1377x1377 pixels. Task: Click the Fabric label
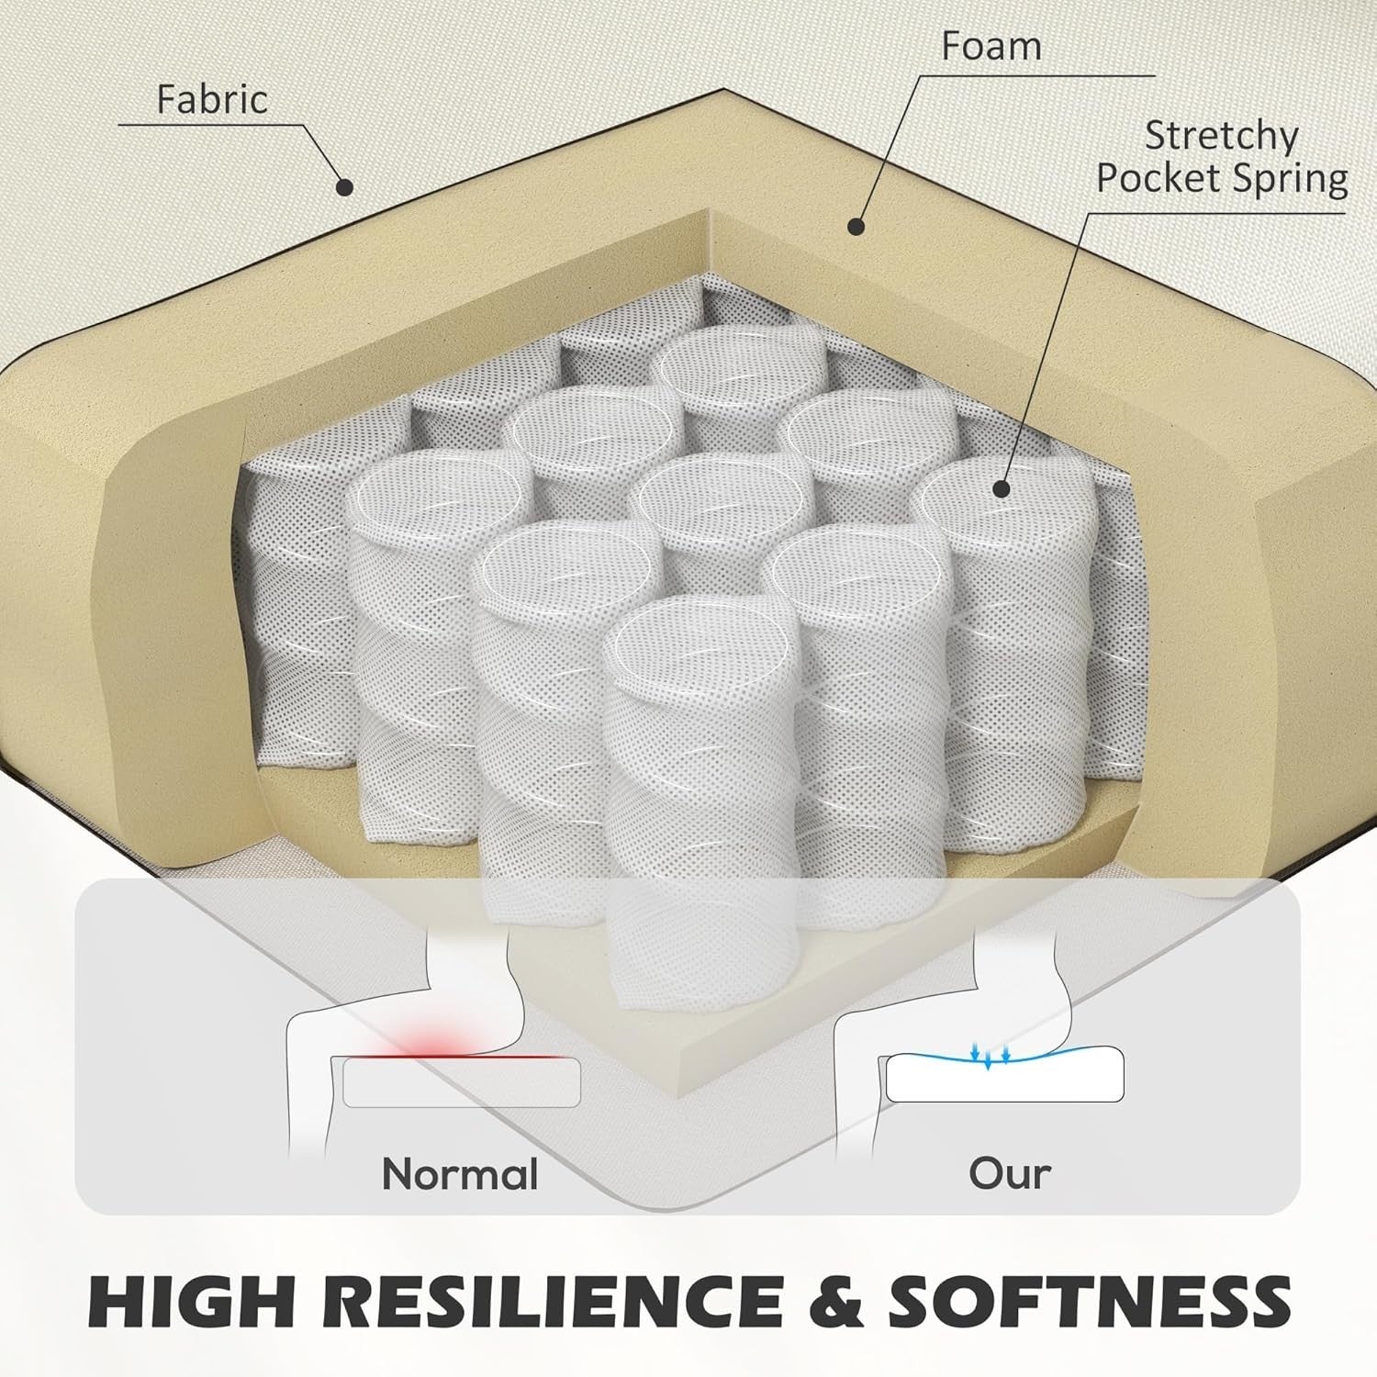click(212, 99)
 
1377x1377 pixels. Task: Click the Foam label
click(991, 46)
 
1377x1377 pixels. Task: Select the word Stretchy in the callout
click(1221, 138)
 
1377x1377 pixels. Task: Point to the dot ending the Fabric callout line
click(344, 187)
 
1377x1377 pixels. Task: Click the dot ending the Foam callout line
click(856, 225)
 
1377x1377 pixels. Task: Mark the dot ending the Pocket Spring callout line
click(1002, 488)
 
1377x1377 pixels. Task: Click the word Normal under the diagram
click(460, 1174)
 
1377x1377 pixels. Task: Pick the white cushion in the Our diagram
click(1004, 1076)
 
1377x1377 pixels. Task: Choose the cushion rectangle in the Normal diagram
click(461, 1082)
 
